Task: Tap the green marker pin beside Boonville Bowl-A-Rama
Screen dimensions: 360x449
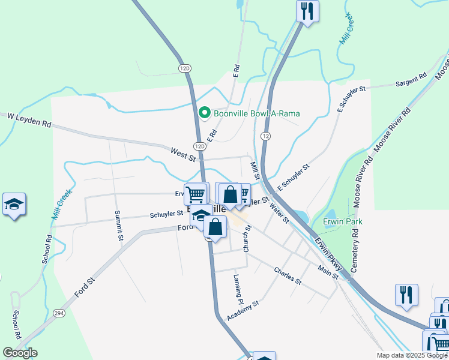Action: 204,113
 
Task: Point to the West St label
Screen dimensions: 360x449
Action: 183,155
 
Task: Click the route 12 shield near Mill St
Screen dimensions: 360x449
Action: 265,137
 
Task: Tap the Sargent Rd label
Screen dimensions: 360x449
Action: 411,80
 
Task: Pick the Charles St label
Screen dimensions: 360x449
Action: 287,275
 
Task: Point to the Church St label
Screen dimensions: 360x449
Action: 247,239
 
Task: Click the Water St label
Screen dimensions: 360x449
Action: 280,212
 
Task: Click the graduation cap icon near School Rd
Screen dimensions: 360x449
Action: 14,205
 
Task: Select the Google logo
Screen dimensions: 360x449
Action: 20,353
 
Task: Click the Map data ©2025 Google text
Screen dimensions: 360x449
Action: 411,355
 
